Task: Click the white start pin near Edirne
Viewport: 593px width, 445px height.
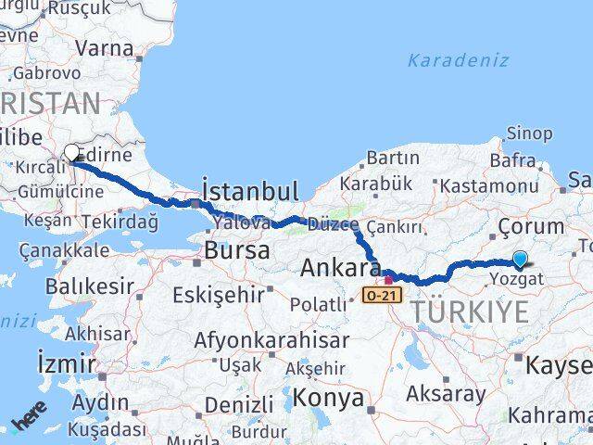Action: (71, 153)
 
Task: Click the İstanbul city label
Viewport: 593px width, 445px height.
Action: (250, 192)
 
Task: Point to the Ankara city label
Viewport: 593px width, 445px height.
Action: (340, 269)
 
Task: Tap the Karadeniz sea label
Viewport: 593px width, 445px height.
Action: (457, 60)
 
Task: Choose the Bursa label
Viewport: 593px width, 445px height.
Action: (237, 250)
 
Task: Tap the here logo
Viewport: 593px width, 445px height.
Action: (31, 422)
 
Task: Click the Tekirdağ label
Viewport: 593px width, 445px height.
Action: (124, 222)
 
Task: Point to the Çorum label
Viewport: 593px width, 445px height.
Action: (530, 226)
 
